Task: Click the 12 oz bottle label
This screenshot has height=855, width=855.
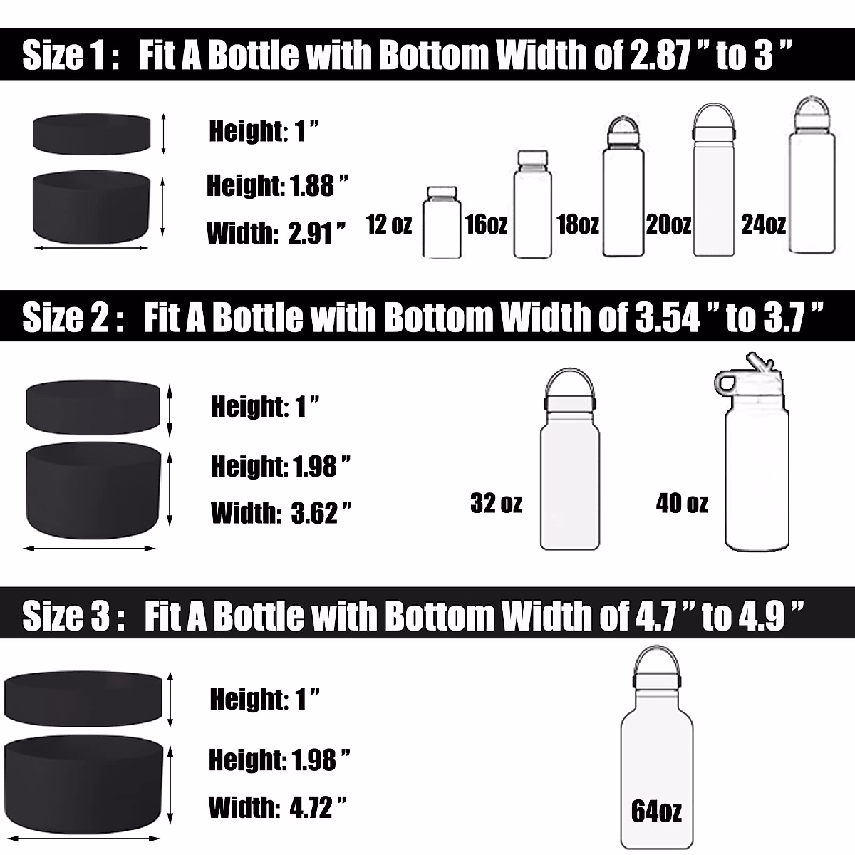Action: [x=389, y=224]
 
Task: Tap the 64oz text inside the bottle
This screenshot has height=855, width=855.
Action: [x=656, y=811]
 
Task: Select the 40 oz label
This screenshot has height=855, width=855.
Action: [x=682, y=504]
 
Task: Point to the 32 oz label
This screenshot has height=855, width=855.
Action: [x=496, y=504]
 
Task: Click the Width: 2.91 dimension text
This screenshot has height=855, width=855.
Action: [x=276, y=233]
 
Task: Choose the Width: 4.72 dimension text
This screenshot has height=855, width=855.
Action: [x=278, y=808]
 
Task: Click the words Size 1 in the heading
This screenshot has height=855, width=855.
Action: [x=64, y=56]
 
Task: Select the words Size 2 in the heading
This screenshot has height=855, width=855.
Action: [x=66, y=318]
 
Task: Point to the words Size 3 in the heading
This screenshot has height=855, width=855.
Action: [x=66, y=616]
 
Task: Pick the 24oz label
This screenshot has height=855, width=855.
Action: [x=763, y=224]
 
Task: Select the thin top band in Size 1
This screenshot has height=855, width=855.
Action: [x=91, y=132]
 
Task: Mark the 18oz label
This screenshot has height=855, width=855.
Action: [x=577, y=224]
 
